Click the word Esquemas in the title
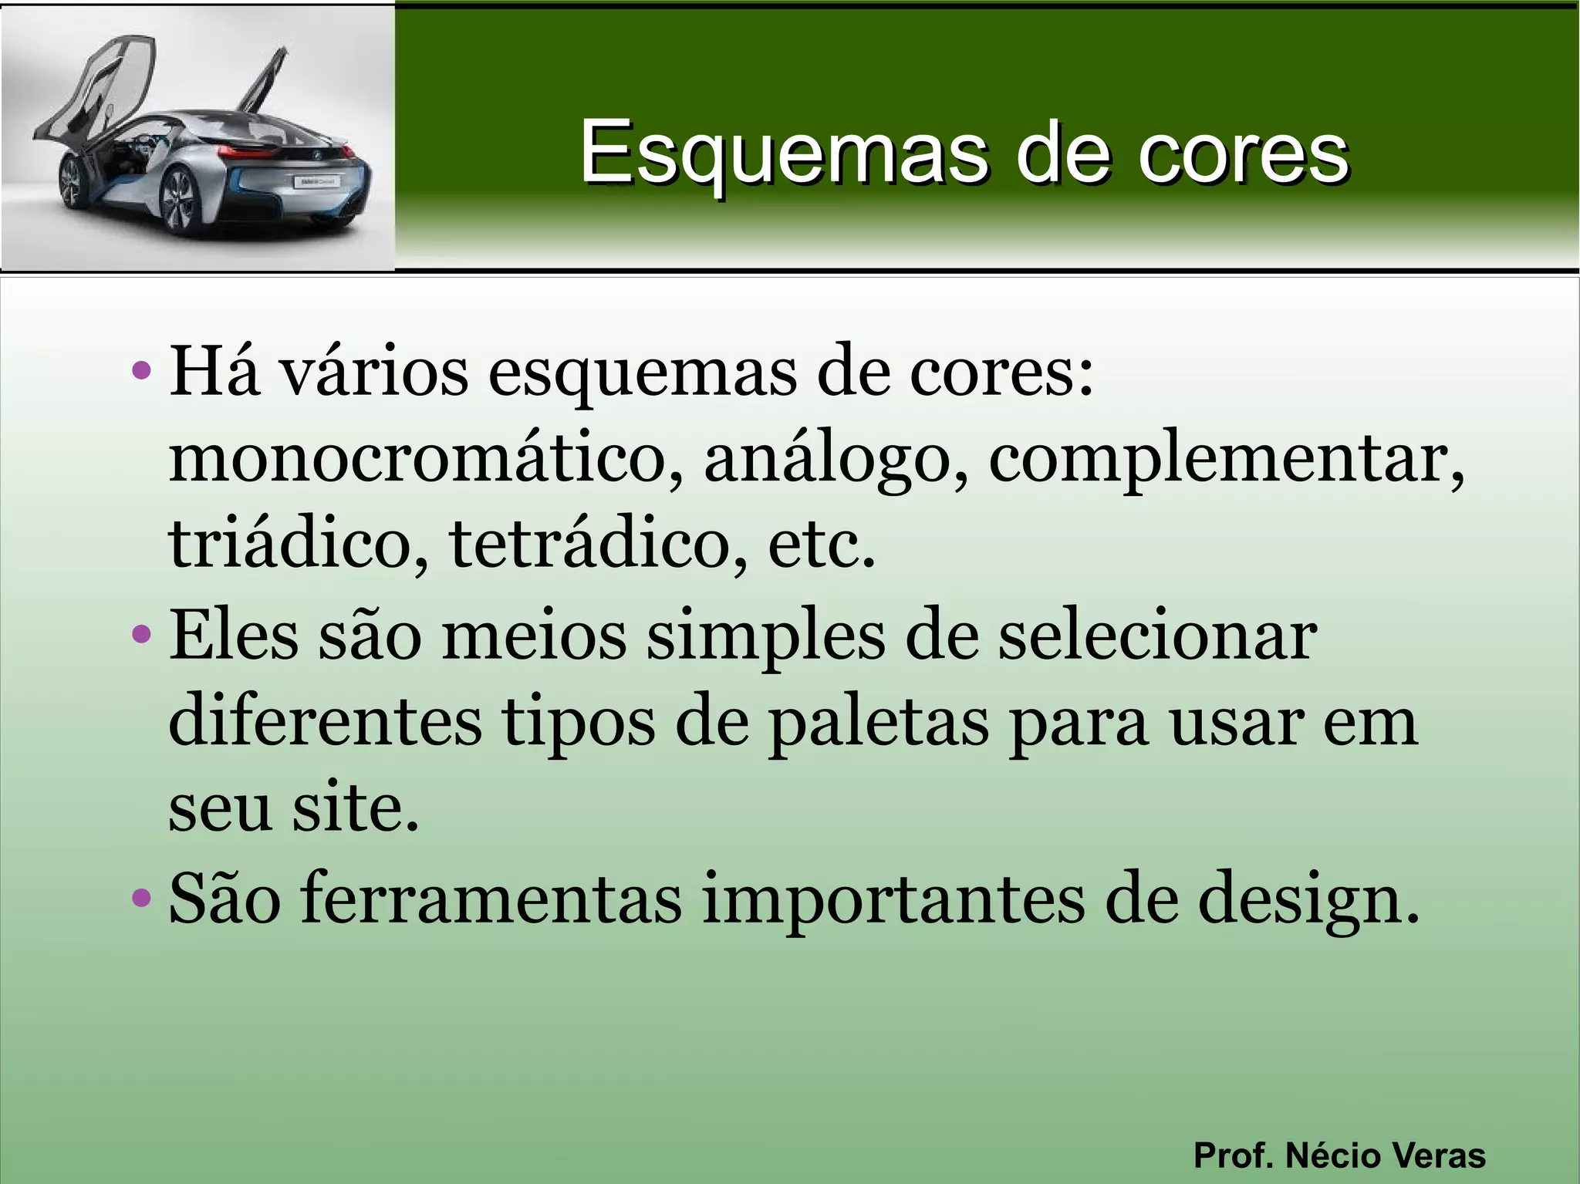point(783,153)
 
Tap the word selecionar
point(1157,636)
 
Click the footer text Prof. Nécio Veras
point(1339,1155)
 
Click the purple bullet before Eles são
point(141,635)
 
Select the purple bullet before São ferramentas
point(141,897)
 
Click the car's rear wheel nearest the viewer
point(179,202)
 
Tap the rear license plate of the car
point(315,182)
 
